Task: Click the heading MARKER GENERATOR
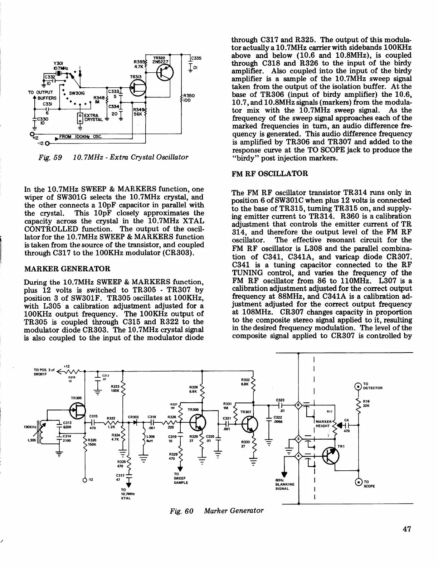pyautogui.click(x=67, y=268)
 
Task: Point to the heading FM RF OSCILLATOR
pyautogui.click(x=270, y=174)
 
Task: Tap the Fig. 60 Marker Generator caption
pyautogui.click(x=217, y=511)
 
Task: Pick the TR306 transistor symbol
pyautogui.click(x=197, y=423)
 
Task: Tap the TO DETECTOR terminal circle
pyautogui.click(x=358, y=386)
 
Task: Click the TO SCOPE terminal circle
pyautogui.click(x=358, y=481)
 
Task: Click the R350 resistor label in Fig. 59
pyautogui.click(x=189, y=98)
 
